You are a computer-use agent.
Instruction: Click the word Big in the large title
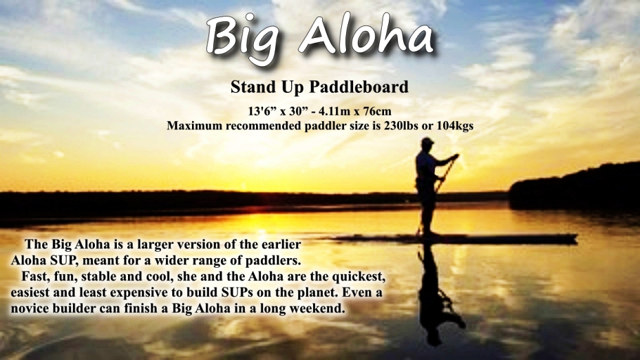coord(244,39)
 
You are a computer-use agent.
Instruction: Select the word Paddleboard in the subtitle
coord(359,87)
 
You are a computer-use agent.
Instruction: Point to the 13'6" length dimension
coord(262,111)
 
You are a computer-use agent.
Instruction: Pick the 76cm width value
coord(379,111)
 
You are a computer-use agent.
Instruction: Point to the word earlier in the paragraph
coord(281,244)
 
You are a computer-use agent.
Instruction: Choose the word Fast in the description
coord(34,276)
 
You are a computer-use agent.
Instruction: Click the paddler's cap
coord(427,141)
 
